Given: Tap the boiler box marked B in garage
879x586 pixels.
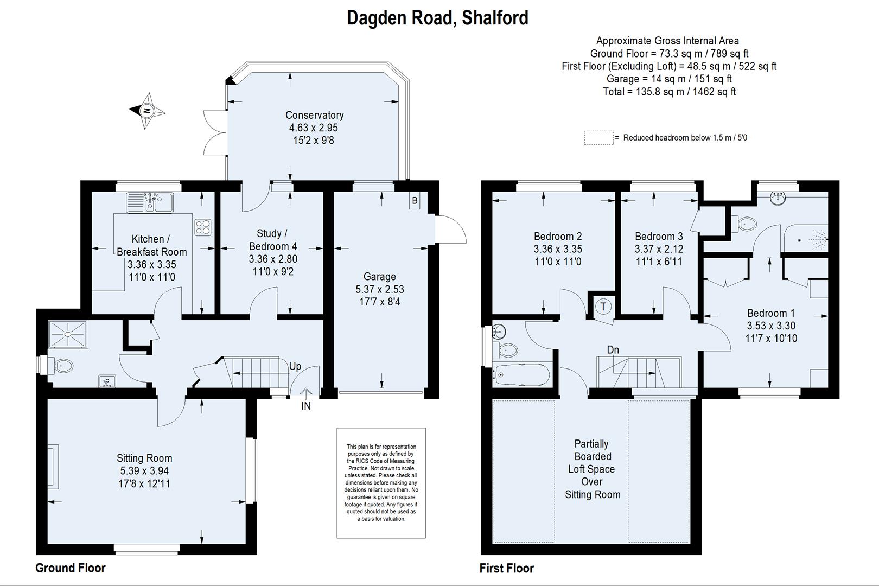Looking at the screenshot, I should click(x=415, y=201).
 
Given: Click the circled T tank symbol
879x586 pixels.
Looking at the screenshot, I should click(x=603, y=307).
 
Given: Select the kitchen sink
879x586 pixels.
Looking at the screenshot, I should click(x=150, y=203).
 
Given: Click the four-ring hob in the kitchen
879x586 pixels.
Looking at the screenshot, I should click(x=203, y=227).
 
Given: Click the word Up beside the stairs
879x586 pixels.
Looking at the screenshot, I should click(x=295, y=366).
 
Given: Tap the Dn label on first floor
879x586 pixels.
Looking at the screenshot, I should click(x=613, y=350).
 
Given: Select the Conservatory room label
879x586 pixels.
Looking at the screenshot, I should click(x=314, y=115).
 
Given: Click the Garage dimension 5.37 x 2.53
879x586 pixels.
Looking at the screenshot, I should click(x=379, y=289).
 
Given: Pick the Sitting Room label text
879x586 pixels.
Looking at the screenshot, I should click(x=144, y=458).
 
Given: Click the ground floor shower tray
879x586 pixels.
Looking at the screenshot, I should click(x=68, y=333).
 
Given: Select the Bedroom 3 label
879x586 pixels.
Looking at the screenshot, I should click(x=659, y=236).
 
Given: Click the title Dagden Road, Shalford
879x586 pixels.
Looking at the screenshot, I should click(x=437, y=18).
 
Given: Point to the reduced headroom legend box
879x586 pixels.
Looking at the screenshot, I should click(x=598, y=138).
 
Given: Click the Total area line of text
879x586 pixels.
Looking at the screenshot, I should click(x=669, y=92).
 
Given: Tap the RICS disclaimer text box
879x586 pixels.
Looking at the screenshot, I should click(x=381, y=483).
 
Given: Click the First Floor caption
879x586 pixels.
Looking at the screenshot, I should click(x=506, y=568).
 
